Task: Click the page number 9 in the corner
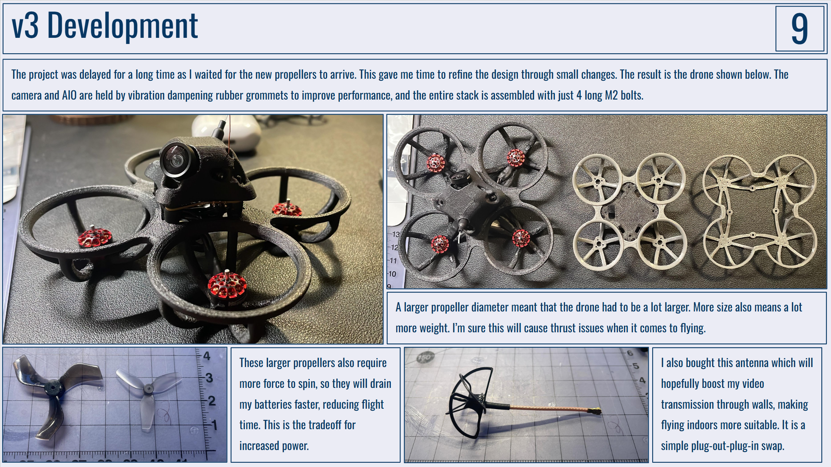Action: click(x=800, y=28)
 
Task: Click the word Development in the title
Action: click(x=122, y=25)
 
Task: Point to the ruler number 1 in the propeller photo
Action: click(x=215, y=426)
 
